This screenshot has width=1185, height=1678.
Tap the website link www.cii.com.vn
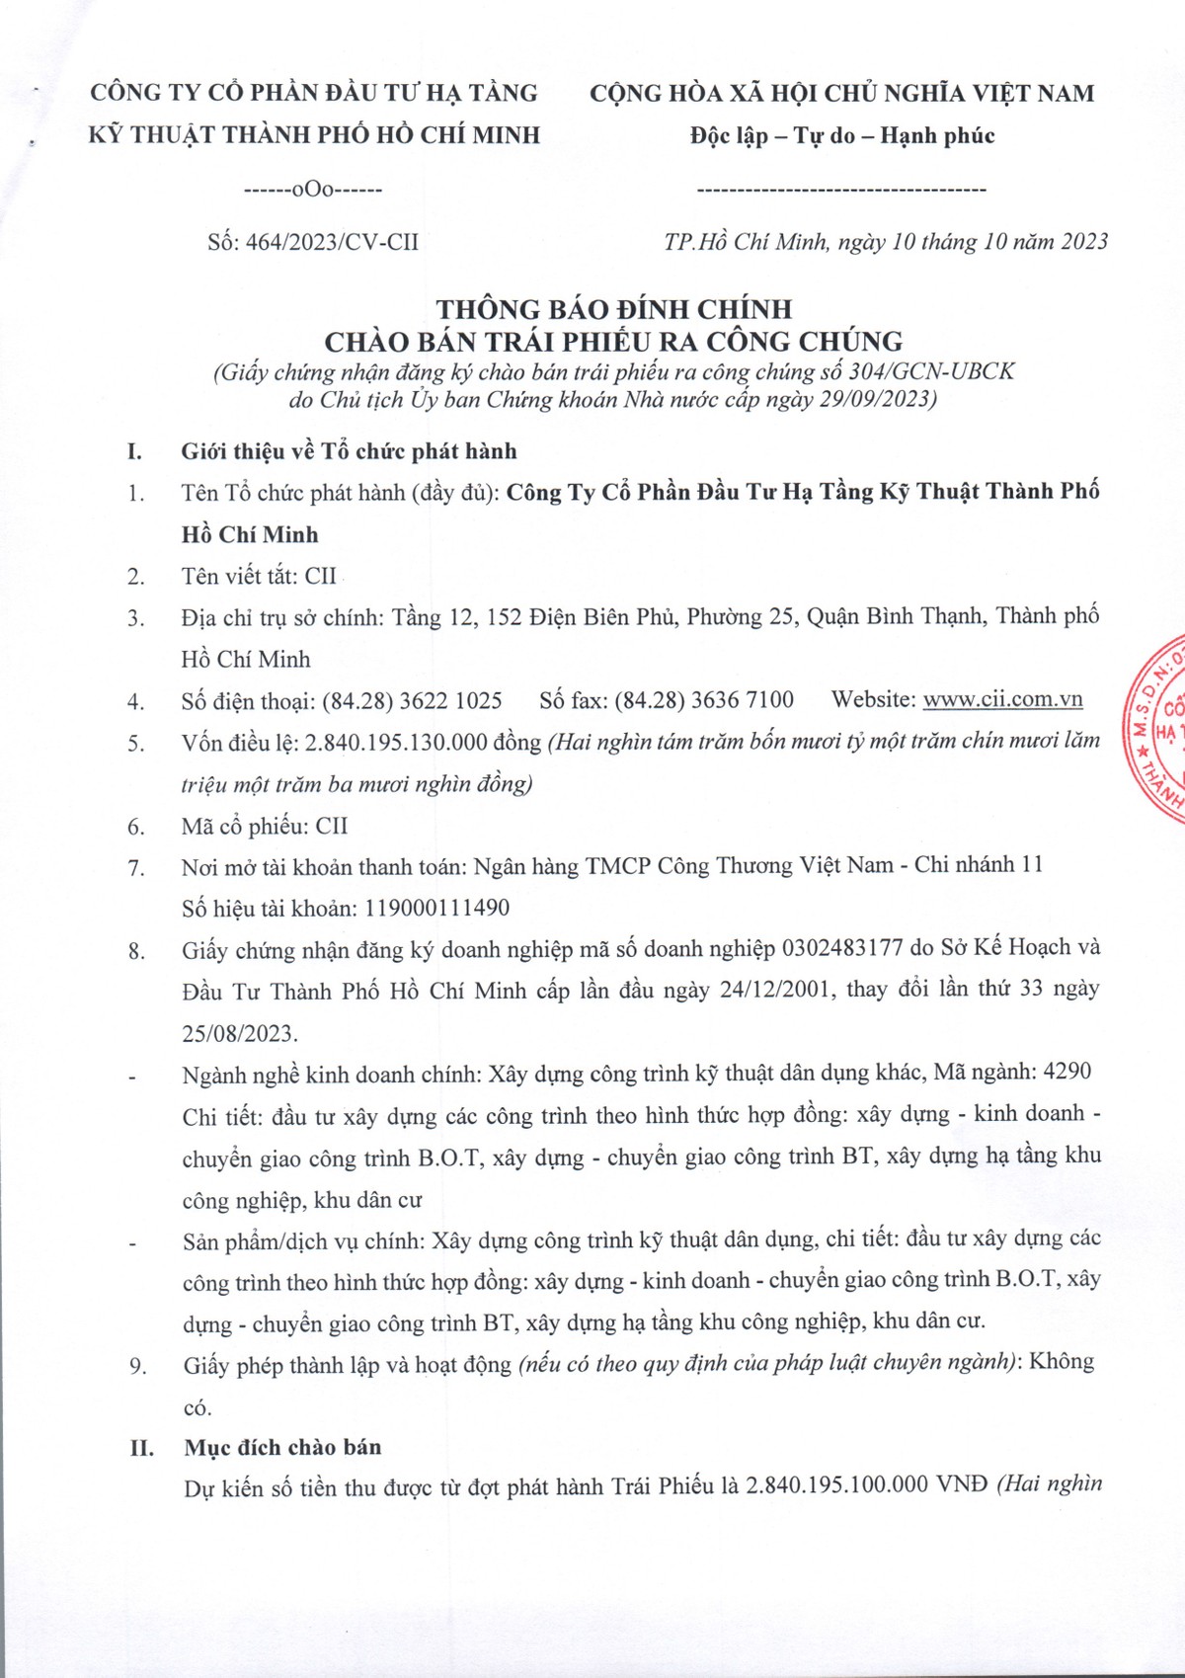(x=1002, y=699)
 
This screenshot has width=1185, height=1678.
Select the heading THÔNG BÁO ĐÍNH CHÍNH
(x=614, y=309)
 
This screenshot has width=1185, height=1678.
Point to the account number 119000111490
(x=437, y=908)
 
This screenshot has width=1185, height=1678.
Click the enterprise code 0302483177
(x=841, y=948)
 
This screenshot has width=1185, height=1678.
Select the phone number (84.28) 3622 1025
(x=412, y=701)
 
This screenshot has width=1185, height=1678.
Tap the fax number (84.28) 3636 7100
(x=703, y=700)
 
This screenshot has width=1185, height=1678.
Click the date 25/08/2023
(x=238, y=1033)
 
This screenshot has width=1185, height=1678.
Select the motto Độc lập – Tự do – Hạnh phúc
(x=841, y=135)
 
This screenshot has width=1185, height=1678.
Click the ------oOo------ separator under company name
(x=312, y=189)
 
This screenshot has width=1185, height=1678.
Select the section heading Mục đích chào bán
(x=282, y=1447)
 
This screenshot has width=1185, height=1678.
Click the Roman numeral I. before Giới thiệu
(x=134, y=452)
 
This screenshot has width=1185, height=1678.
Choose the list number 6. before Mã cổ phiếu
(x=136, y=827)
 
